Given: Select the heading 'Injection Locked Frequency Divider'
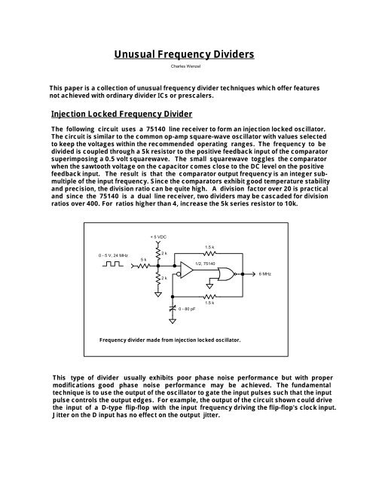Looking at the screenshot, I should (x=118, y=114).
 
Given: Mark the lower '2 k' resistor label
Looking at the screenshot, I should (x=165, y=278).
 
